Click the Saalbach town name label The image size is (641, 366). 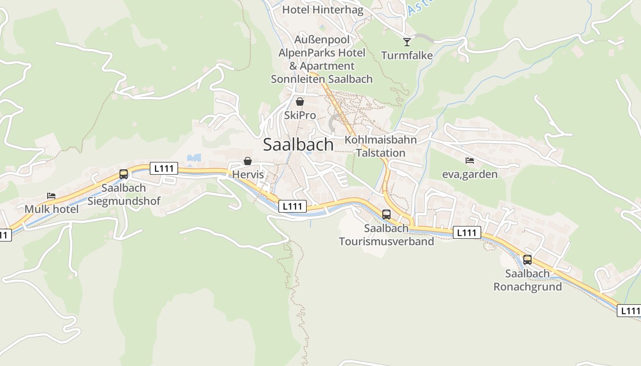[x=298, y=145]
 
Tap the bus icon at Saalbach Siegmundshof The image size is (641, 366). [x=124, y=174]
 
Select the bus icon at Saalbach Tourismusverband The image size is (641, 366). [x=386, y=215]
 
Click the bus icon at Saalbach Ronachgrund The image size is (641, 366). [x=527, y=260]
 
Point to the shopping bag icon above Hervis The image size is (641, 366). [x=248, y=161]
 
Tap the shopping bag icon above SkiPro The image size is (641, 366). [x=299, y=102]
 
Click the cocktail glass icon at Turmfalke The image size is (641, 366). [x=407, y=42]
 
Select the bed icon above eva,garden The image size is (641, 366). [x=469, y=161]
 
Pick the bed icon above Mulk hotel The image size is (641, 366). [x=51, y=196]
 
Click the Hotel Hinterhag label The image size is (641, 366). [x=322, y=10]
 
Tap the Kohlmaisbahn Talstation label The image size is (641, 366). [x=380, y=146]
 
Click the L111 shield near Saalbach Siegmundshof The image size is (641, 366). [x=163, y=168]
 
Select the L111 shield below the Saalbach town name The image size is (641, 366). [x=292, y=206]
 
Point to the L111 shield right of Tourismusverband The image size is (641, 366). [x=467, y=233]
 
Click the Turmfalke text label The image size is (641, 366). [x=407, y=56]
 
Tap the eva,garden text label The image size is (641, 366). [x=469, y=174]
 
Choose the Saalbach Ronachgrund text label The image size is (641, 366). [x=527, y=280]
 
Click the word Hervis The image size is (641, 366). [x=248, y=174]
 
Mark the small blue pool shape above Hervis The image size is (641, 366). [x=194, y=158]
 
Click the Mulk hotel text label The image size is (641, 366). [x=51, y=209]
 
